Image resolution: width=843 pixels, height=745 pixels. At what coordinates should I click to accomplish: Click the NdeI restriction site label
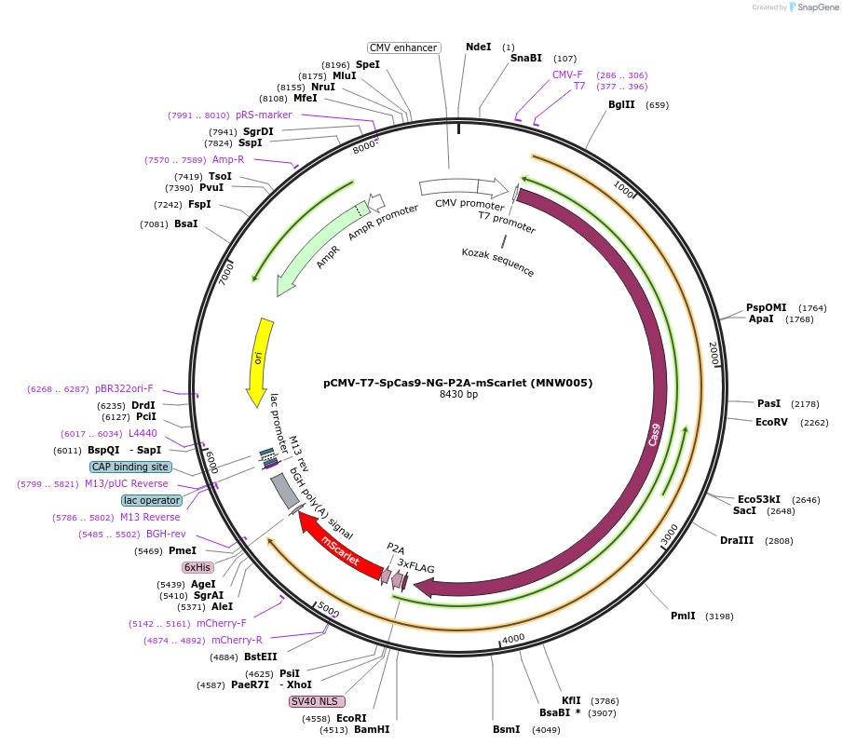coord(478,47)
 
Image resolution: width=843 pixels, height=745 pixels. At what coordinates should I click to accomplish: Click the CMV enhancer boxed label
coord(403,47)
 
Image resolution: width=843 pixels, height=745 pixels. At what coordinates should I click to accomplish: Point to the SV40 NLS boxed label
coord(317,701)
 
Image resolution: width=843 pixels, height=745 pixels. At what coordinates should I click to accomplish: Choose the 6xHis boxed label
coord(197,567)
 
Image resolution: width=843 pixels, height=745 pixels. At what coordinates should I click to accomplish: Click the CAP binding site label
coord(130,467)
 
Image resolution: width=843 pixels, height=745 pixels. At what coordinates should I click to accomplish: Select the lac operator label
coord(152,500)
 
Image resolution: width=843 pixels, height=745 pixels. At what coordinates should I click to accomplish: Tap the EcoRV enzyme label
coord(772,422)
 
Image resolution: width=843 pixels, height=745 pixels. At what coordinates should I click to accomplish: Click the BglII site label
coord(621,104)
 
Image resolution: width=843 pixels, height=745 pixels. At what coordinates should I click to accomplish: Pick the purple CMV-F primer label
coord(567,74)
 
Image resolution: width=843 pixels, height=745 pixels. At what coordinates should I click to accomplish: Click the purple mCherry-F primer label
coord(222,623)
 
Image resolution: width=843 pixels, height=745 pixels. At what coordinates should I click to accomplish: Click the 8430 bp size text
coord(458,394)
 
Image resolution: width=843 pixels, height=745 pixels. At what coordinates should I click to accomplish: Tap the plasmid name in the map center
coord(457,382)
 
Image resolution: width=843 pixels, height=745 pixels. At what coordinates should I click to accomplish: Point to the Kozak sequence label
coord(498,263)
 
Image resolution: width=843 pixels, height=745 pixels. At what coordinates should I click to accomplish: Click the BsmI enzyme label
coord(507,729)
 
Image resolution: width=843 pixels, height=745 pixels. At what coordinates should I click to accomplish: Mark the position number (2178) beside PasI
coord(805,404)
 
